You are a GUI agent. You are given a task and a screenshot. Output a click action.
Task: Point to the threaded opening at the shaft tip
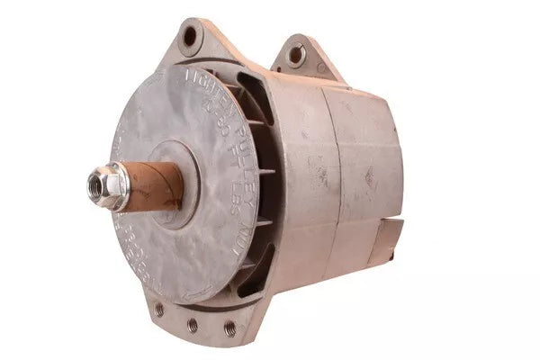(96, 186)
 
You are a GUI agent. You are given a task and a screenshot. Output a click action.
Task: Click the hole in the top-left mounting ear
(190, 38)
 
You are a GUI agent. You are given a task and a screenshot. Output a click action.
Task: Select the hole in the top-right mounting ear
(296, 55)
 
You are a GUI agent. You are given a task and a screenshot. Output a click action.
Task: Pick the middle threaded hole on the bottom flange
(192, 325)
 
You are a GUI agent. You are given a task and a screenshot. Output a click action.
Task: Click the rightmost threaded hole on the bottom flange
(229, 328)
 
